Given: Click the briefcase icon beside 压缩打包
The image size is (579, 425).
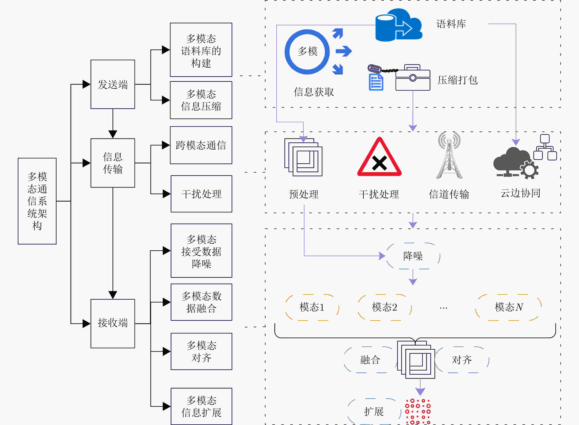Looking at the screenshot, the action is [413, 77].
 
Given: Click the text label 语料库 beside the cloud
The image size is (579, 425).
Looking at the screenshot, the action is [451, 24].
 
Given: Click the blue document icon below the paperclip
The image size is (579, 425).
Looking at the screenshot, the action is [376, 82].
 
